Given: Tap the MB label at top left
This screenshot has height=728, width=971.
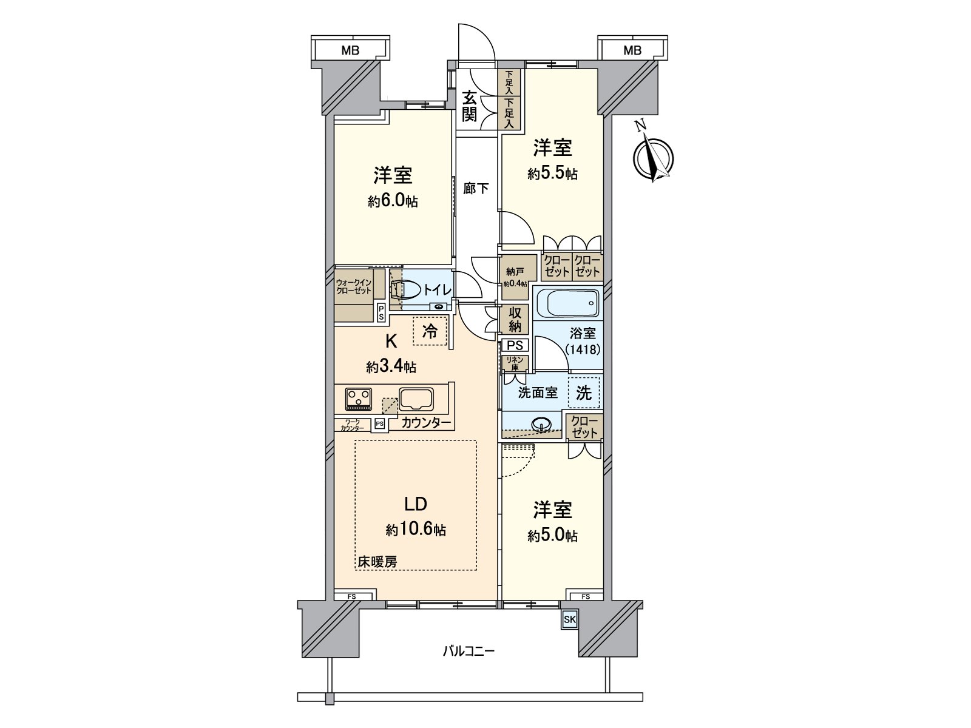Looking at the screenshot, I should point(350,50).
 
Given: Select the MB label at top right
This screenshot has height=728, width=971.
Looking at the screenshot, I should point(632,50).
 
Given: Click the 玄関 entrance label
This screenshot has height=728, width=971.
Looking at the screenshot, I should point(469,107).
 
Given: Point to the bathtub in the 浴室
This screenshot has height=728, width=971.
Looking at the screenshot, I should point(567,303).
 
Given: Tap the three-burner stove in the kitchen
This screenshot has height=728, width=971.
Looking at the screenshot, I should point(358,398).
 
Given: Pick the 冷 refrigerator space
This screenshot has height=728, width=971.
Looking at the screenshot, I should point(430,331).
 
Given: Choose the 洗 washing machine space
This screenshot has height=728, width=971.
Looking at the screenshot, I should point(584,393).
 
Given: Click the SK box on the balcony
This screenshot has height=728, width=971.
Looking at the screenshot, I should point(569,619).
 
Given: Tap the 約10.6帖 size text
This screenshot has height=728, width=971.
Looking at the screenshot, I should point(416,530).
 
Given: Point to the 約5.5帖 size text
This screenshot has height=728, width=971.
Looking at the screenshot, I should point(552,174).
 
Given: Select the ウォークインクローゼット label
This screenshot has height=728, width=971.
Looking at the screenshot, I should point(354,286).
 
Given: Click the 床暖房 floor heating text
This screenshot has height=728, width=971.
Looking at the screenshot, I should point(377,562).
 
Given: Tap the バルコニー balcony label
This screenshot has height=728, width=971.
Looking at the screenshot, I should point(468,652).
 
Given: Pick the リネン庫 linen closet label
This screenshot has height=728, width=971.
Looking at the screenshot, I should point(515,363).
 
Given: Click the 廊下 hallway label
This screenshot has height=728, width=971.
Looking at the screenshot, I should point(476,189).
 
